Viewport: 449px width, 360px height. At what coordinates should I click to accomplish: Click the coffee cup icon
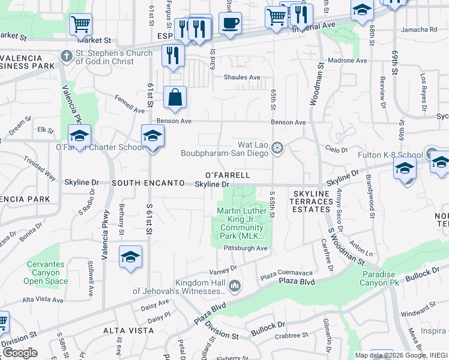pos(230,24)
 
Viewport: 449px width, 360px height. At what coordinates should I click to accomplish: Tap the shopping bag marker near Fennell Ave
pos(175,97)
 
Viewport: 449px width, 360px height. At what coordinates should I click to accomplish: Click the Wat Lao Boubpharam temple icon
pos(277,147)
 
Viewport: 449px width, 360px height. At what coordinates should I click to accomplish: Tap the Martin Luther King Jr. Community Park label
pos(241,224)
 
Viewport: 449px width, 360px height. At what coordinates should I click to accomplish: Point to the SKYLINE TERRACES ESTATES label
pos(312,202)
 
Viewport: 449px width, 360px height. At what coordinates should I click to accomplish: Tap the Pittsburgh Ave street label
pos(245,248)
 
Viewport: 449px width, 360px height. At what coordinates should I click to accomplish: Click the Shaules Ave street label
pos(242,77)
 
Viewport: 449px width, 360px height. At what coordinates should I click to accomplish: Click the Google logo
pos(20,352)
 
